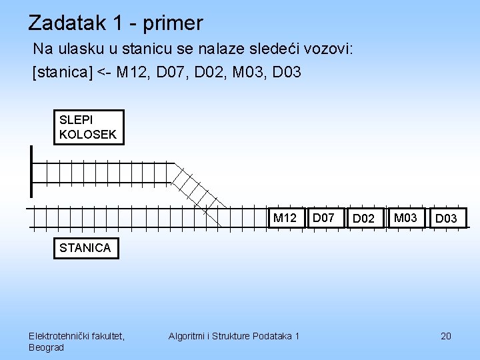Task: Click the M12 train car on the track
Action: click(285, 218)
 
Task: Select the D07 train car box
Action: click(324, 217)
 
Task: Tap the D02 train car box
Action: click(363, 219)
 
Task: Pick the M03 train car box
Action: click(405, 217)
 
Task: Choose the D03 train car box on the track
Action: click(446, 219)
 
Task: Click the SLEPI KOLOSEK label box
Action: click(88, 127)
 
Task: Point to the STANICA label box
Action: click(85, 248)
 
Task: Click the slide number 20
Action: click(446, 336)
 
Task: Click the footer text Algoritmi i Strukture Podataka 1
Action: click(234, 336)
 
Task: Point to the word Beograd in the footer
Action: click(47, 347)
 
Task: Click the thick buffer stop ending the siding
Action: click(31, 171)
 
